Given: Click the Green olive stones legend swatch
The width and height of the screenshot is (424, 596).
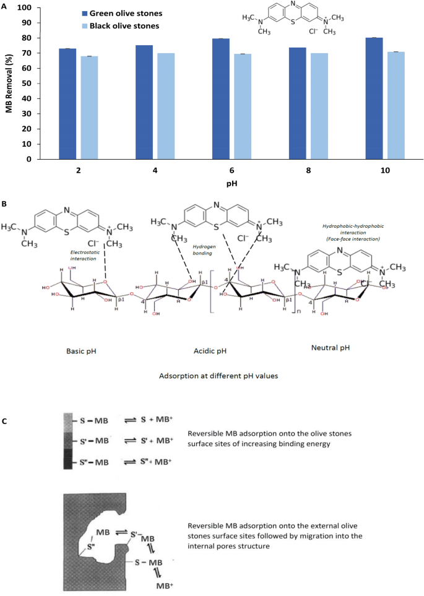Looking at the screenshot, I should (85, 13).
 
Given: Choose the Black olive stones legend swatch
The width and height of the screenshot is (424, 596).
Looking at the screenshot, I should (85, 26).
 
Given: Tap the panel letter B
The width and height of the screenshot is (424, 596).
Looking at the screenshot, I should (5, 202).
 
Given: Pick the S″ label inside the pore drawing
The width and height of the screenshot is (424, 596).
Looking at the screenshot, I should (90, 546).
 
